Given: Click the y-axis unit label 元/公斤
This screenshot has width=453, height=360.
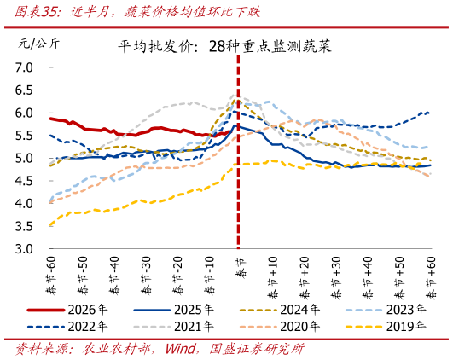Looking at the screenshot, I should point(36,43).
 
